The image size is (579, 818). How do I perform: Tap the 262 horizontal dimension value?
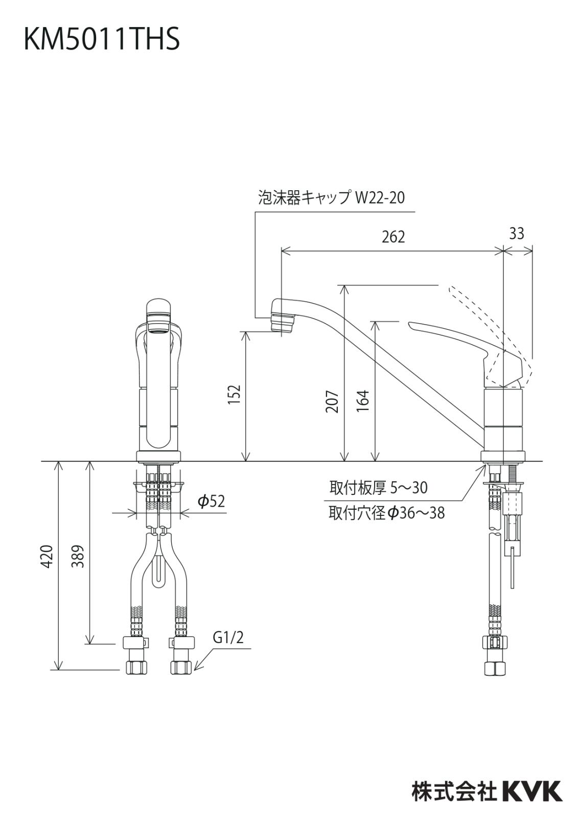393,237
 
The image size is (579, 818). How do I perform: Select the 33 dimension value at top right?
517,233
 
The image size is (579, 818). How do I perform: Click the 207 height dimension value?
333,401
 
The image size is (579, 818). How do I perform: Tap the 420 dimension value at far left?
47,556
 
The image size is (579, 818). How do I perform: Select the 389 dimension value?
78,556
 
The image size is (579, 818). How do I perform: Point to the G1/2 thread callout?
228,638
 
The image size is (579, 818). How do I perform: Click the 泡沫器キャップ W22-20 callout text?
331,198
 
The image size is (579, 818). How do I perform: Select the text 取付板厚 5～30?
378,488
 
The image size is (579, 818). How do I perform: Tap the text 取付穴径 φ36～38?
386,513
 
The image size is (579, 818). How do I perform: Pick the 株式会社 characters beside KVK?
454,791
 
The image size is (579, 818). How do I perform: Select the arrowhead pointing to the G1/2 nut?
198,666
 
